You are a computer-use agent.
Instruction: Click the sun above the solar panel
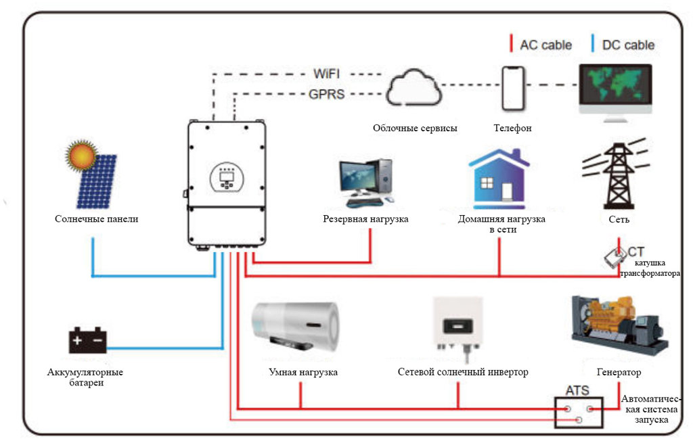[84, 156]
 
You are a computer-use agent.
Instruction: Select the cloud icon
[413, 87]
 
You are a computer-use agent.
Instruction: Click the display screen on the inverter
[227, 177]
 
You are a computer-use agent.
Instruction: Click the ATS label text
[577, 390]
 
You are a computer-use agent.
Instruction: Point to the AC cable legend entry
[541, 45]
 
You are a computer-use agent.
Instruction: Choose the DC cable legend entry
[623, 45]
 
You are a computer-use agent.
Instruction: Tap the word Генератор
[619, 373]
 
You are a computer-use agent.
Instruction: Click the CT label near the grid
[636, 252]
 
